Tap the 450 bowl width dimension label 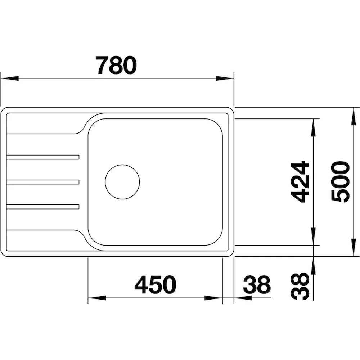click(x=155, y=285)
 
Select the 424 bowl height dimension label click(x=300, y=182)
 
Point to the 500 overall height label click(x=341, y=182)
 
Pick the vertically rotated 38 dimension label click(x=300, y=286)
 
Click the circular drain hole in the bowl click(x=122, y=182)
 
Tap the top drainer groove click(x=43, y=157)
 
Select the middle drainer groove click(x=43, y=182)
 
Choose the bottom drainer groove click(x=43, y=207)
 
